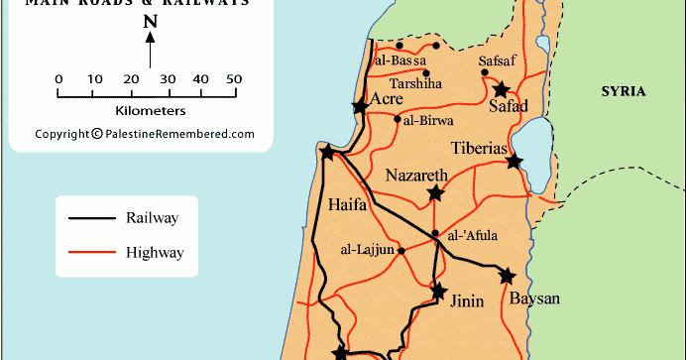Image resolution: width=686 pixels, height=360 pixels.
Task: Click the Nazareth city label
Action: coord(416,174)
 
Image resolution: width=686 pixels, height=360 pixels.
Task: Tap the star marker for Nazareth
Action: coord(435,193)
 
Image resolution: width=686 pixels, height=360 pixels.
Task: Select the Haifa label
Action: coord(347,206)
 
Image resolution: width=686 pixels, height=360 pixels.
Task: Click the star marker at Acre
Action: coord(358,107)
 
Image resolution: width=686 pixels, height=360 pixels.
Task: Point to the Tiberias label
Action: coord(480,149)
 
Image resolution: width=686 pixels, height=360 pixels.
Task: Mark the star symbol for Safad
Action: coord(502,89)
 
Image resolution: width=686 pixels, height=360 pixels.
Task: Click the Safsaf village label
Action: coord(497,60)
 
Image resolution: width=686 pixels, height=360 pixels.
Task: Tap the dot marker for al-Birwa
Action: coord(397,120)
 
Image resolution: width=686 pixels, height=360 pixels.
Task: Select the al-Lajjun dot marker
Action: coord(401,250)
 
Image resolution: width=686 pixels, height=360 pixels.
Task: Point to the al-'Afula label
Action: coord(473,235)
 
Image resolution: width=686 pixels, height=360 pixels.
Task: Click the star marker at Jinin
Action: coord(438,292)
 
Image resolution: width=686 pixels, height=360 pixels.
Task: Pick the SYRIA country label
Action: coord(624,91)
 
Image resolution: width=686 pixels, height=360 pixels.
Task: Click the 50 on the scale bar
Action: coord(234,79)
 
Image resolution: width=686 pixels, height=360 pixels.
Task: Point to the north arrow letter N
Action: coord(150,22)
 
